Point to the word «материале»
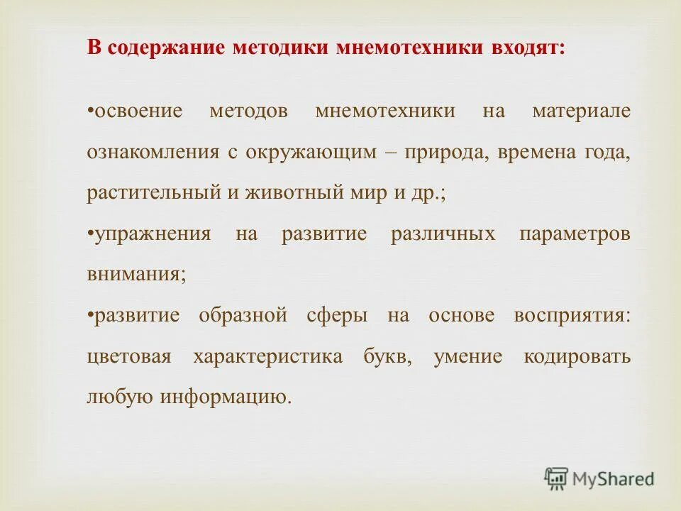tap(580, 112)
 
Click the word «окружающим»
tap(313, 153)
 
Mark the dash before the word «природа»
tap(392, 153)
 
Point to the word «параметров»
tap(574, 235)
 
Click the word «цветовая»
tap(128, 357)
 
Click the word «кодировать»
tap(577, 357)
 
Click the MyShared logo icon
tap(557, 479)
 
